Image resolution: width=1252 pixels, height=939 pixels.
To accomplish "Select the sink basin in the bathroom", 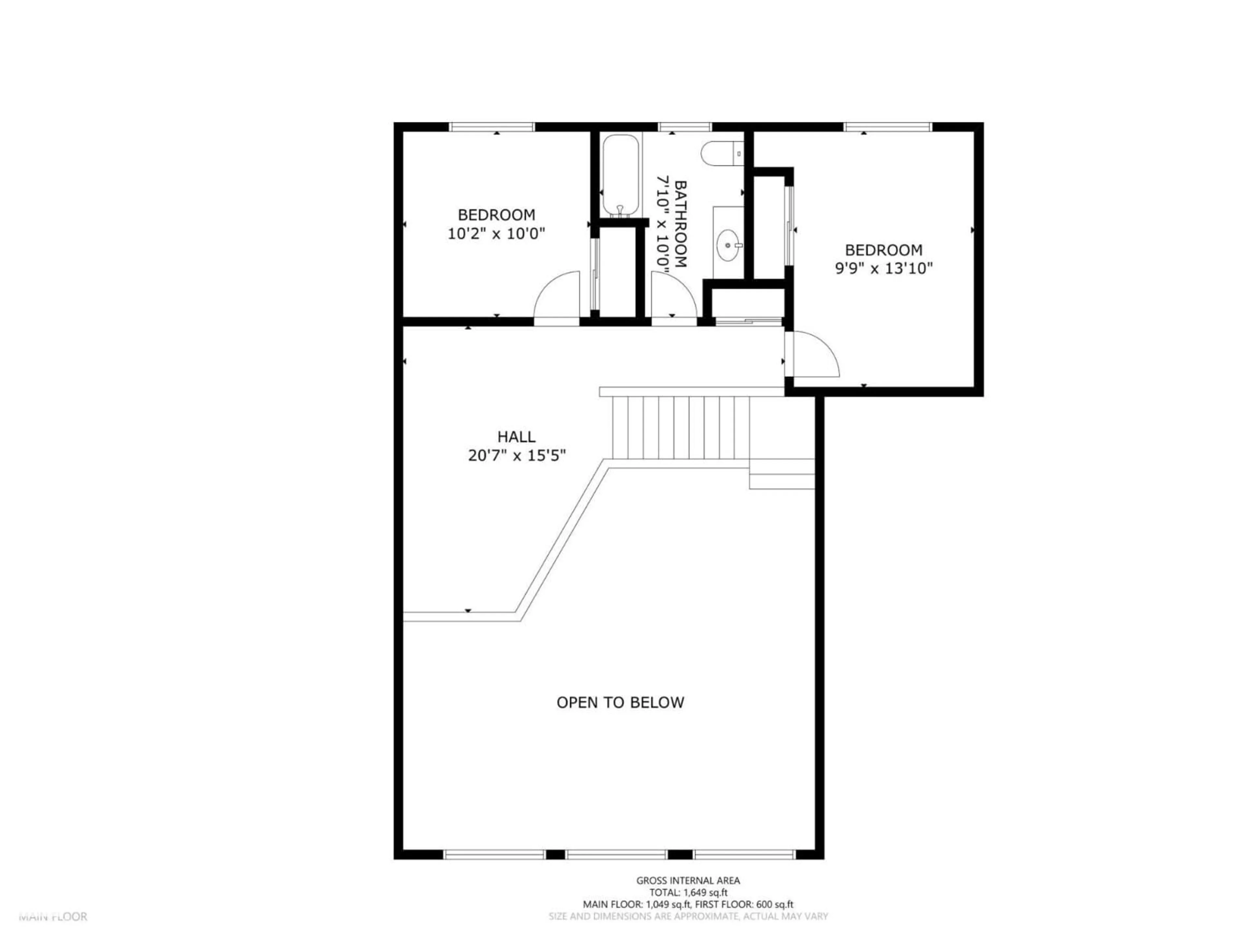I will tap(728, 246).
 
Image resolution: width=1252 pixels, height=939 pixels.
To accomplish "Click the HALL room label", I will tap(516, 437).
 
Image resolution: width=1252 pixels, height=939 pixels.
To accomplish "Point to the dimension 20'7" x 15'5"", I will tap(517, 455).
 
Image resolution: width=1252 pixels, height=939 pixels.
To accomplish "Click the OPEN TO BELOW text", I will tap(620, 702).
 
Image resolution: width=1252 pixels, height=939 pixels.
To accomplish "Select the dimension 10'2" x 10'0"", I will tap(496, 234).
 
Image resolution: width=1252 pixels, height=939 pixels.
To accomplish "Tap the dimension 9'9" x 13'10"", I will tap(884, 268).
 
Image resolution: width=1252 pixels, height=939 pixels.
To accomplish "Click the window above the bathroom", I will tap(684, 127).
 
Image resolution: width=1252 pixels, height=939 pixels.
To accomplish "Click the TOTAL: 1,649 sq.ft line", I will tap(688, 893).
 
